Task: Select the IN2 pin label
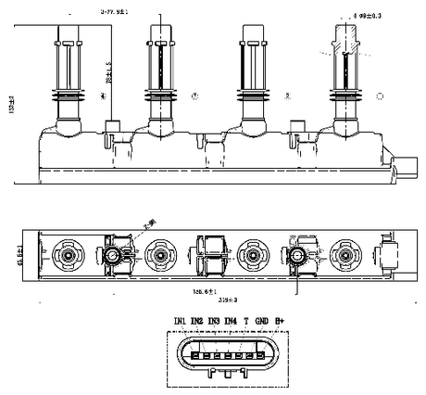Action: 196,322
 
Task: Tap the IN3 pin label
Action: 214,322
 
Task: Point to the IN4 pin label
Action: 230,322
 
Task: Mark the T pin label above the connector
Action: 245,322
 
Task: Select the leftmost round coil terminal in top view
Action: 69,252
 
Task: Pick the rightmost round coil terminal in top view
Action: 345,252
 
